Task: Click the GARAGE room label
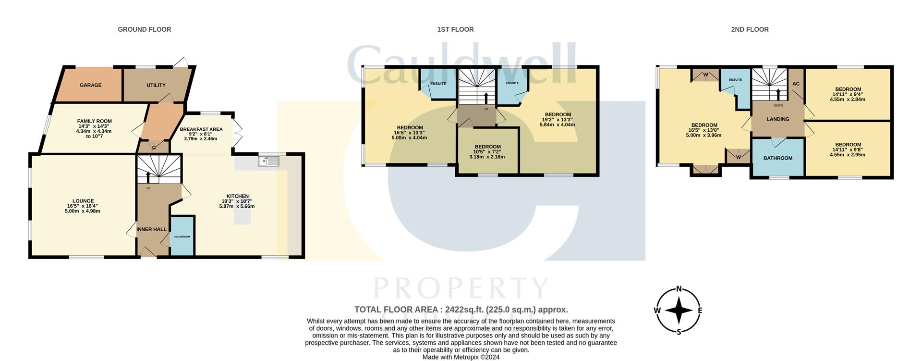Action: (90, 85)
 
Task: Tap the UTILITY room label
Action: (156, 85)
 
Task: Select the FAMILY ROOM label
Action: (95, 122)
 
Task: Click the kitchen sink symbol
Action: (268, 161)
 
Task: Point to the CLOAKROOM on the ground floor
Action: (182, 237)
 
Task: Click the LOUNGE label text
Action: (83, 201)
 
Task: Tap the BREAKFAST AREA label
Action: (201, 129)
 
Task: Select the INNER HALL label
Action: (151, 229)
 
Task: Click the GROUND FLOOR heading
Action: (145, 29)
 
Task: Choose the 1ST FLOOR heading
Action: (455, 29)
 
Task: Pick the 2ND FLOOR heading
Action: (750, 29)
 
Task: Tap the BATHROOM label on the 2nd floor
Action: (778, 158)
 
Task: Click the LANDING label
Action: (778, 119)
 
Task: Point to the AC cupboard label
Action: (796, 84)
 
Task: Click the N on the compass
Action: (679, 289)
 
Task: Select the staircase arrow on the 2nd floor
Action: (778, 94)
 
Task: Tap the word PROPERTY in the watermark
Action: (461, 288)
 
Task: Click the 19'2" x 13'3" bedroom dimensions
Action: (557, 120)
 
